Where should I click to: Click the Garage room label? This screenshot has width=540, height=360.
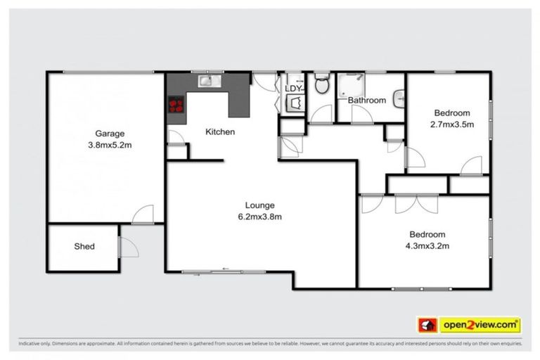[x=110, y=134]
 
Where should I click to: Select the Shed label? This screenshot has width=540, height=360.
[x=84, y=247]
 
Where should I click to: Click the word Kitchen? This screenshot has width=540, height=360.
[x=219, y=131]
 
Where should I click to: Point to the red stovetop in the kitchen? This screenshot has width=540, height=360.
[x=176, y=105]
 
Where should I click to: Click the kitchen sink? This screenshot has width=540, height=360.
[x=207, y=81]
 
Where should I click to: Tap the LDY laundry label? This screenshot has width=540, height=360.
[x=293, y=89]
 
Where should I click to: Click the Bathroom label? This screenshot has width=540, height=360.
[x=367, y=101]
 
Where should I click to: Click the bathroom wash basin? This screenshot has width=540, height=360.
[x=399, y=99]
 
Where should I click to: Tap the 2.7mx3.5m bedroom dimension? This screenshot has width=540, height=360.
[x=451, y=124]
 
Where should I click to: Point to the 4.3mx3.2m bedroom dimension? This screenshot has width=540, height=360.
[x=427, y=245]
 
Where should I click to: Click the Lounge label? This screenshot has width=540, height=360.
[x=258, y=205]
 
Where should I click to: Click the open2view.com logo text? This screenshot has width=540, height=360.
[x=480, y=325]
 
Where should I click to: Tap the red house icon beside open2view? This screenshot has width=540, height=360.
[x=426, y=325]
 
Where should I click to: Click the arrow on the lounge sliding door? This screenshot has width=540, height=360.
[x=226, y=269]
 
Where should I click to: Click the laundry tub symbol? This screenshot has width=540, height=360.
[x=293, y=103]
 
